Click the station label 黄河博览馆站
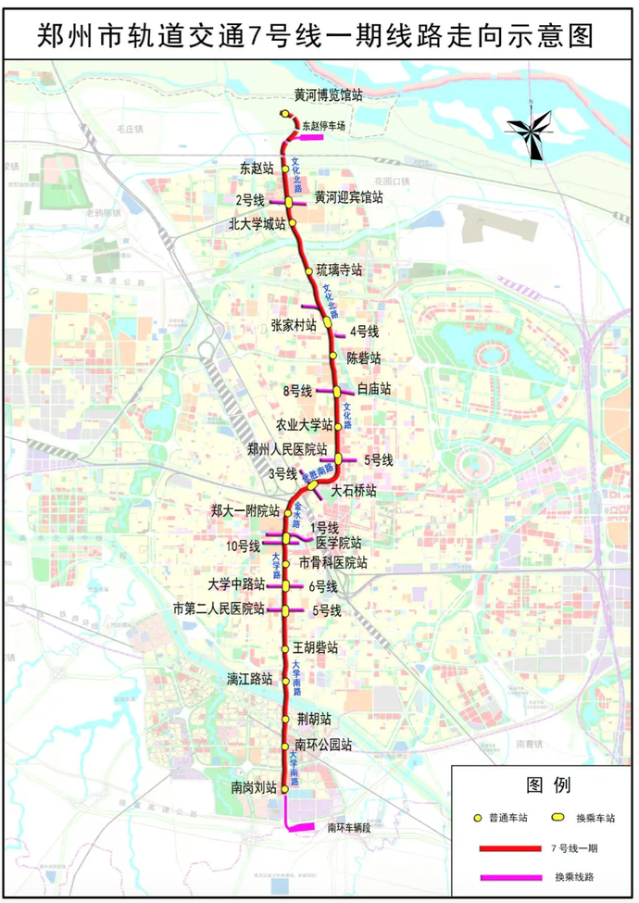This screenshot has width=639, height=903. click(328, 94)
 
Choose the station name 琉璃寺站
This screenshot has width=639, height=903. click(338, 270)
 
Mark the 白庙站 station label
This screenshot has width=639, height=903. click(374, 390)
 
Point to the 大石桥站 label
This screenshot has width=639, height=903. click(354, 490)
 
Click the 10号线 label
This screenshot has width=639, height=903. click(243, 544)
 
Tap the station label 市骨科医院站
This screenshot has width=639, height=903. click(332, 563)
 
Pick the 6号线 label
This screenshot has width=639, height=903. click(323, 586)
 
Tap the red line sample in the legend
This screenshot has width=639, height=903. click(509, 847)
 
